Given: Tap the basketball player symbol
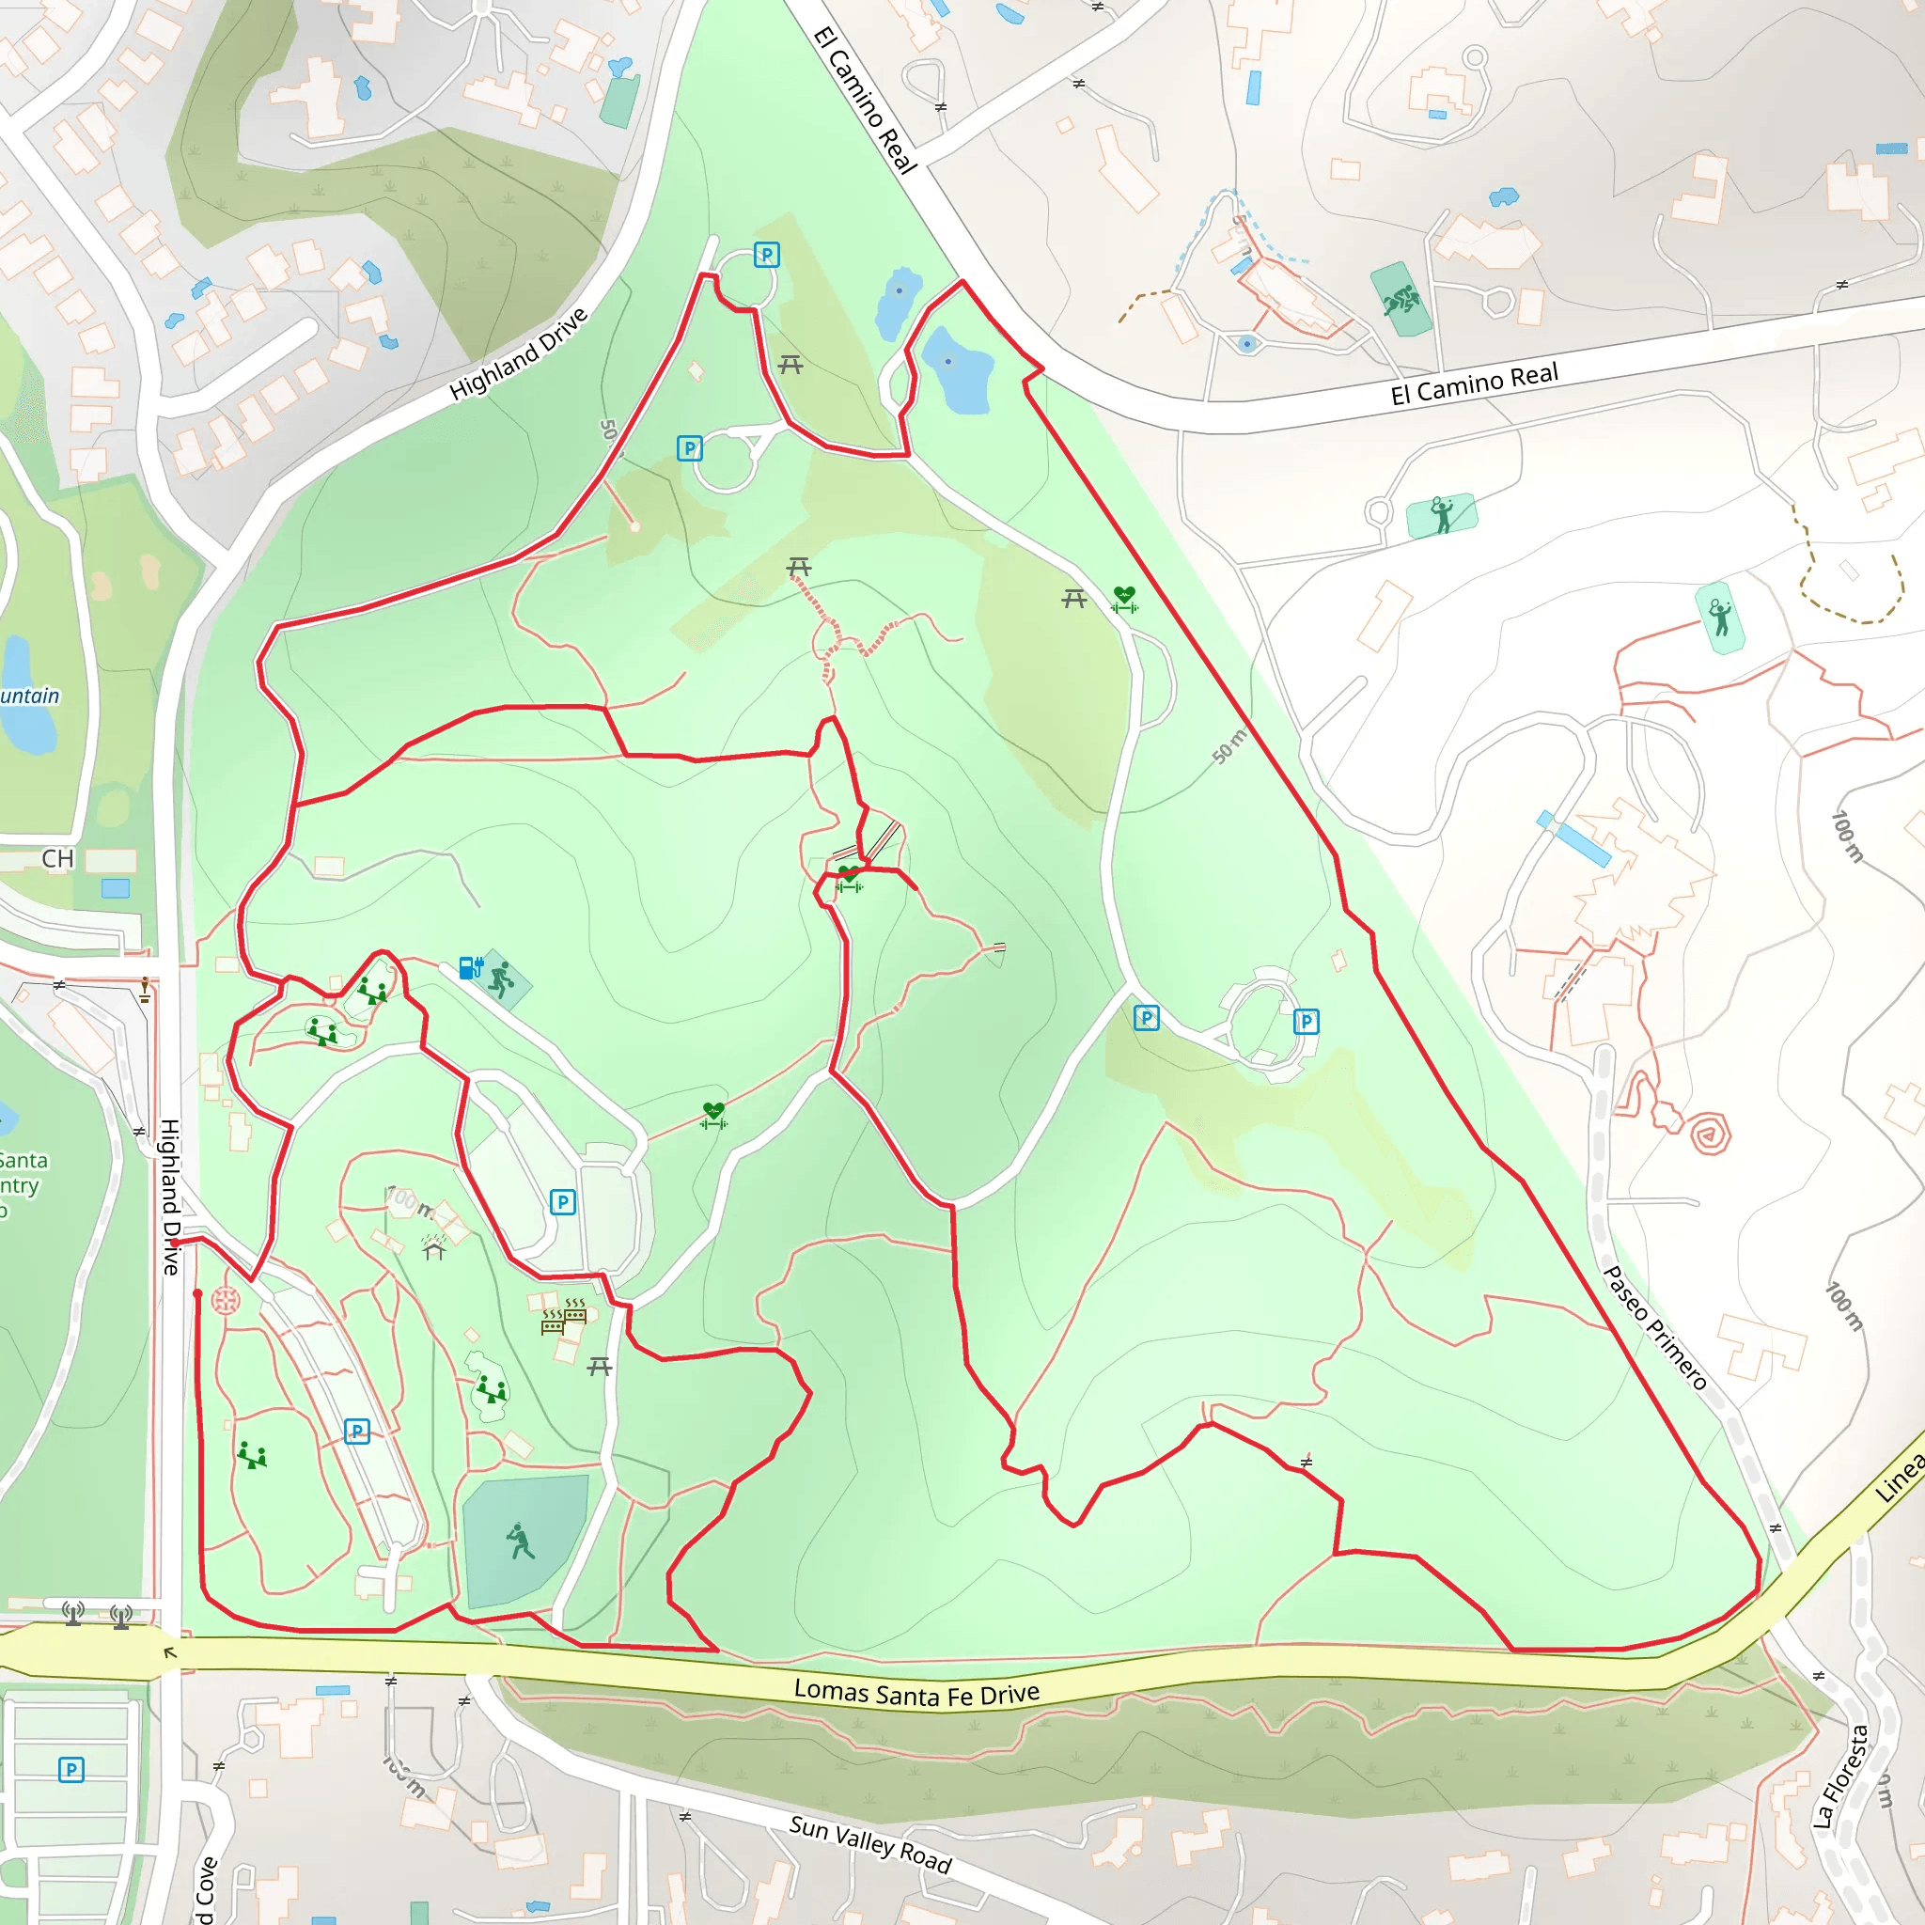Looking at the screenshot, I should (501, 979).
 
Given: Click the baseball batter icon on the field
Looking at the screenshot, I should (520, 1541).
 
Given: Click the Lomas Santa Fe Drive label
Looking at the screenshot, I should (916, 1692).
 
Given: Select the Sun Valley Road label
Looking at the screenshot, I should (869, 1844).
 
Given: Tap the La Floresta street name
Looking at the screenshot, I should (1840, 1776).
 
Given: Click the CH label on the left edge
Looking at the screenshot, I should (57, 859).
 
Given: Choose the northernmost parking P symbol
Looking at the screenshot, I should (766, 255).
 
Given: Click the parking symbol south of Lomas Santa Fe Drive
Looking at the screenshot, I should (70, 1771).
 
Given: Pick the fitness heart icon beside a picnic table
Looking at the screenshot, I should (1125, 599).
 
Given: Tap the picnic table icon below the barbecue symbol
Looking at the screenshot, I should (599, 1367).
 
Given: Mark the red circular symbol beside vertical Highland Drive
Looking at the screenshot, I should (227, 1300).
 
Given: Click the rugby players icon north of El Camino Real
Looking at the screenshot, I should (1401, 299).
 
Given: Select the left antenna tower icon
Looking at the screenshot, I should (72, 1612).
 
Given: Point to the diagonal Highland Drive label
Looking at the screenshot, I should (518, 354).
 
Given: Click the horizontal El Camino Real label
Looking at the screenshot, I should (1474, 383).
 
